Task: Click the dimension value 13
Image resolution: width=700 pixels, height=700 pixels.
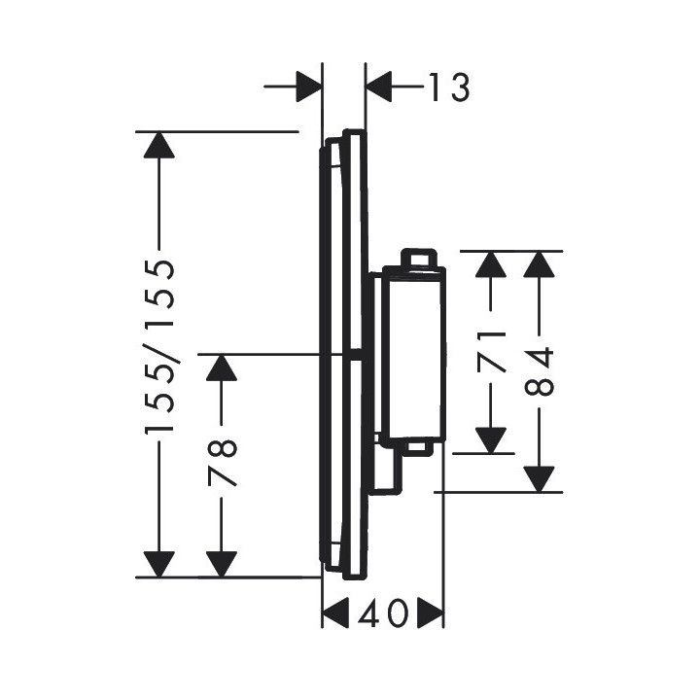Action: (446, 88)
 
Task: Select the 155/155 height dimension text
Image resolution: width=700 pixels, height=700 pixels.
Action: (159, 346)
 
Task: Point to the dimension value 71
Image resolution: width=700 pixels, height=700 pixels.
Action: (494, 351)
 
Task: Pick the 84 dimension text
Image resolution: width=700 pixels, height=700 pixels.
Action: (541, 370)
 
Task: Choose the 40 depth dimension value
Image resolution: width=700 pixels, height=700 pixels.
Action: (383, 614)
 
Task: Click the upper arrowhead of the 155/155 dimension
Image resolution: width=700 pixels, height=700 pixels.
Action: (158, 146)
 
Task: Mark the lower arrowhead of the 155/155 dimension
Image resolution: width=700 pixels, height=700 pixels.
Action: (158, 563)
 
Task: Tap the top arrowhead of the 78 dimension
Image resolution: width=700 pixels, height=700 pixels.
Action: (223, 369)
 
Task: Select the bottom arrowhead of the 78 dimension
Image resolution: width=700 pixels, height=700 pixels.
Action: (223, 563)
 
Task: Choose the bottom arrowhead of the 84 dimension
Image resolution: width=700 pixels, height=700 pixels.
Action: (541, 477)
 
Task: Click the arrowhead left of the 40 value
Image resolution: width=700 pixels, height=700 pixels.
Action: (335, 614)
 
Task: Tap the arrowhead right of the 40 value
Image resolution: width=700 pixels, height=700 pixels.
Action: (431, 614)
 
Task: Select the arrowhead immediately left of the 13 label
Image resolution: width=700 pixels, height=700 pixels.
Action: (379, 88)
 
